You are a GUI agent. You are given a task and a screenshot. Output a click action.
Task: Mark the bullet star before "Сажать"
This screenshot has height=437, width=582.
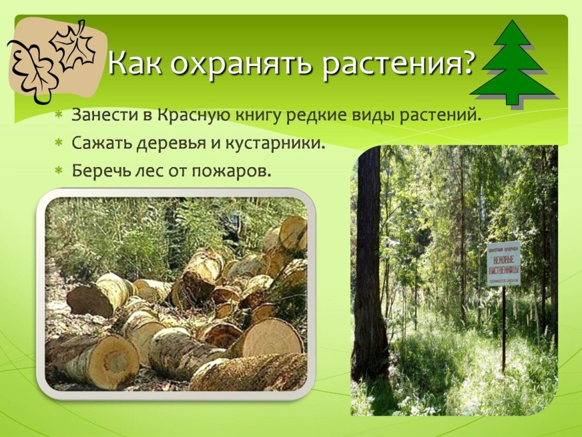[x=58, y=143]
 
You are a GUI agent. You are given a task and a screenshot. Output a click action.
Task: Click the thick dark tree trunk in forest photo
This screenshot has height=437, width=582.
[x=370, y=256]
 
